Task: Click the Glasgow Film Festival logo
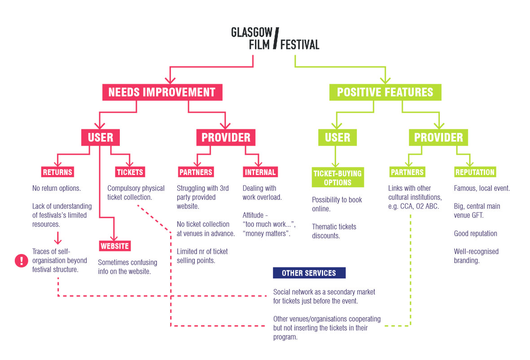point(275,39)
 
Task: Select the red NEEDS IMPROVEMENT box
point(162,92)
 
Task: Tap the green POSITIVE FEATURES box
point(385,92)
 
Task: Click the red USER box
point(101,137)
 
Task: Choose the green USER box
point(337,137)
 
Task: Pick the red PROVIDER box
point(226,137)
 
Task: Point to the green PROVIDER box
point(438,137)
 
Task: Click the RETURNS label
point(57,172)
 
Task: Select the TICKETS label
point(130,172)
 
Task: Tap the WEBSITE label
point(115,246)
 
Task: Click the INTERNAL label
point(260,172)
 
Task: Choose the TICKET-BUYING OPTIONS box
point(337,177)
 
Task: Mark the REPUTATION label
point(475,172)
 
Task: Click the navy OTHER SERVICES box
point(309,273)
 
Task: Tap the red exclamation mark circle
point(21,261)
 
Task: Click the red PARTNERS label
point(196,172)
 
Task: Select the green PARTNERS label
point(407,172)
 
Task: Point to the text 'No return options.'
point(57,189)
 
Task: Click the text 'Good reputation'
point(475,234)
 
